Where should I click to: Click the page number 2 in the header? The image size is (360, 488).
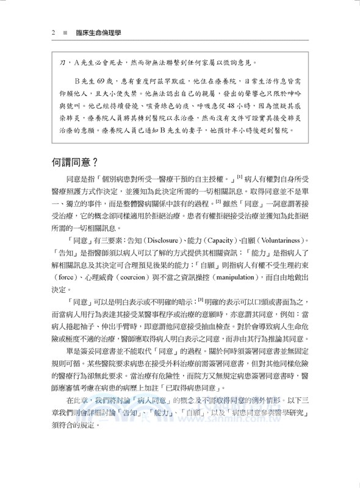(x=53, y=32)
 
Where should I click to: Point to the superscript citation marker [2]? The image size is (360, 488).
(x=217, y=198)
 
